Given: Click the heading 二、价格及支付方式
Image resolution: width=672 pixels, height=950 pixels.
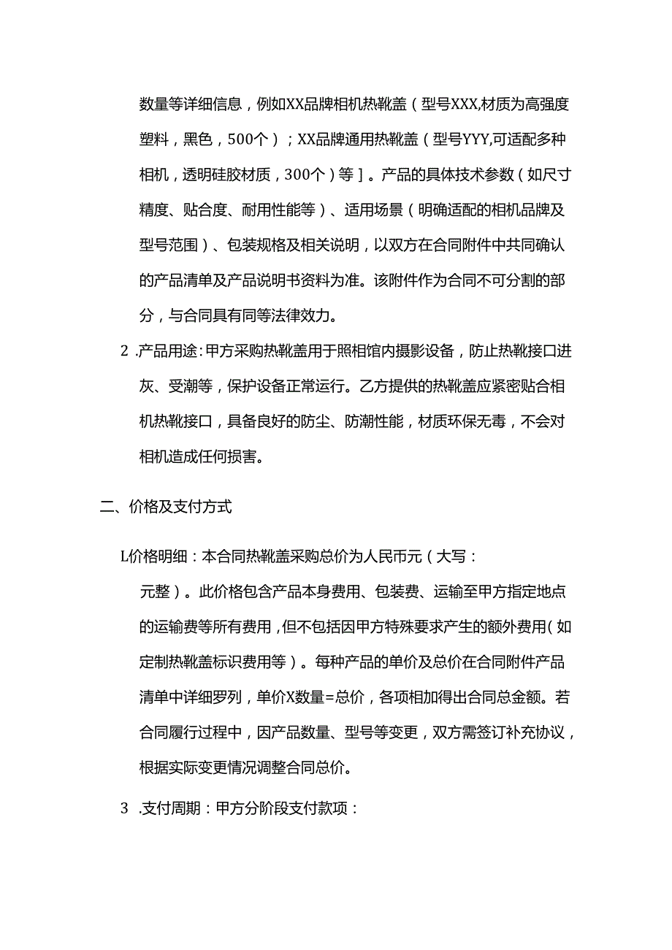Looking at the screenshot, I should [166, 507].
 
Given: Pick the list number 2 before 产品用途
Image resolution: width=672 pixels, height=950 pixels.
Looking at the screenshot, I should [123, 351].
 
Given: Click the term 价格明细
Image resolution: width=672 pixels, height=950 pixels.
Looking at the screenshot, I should [156, 556].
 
